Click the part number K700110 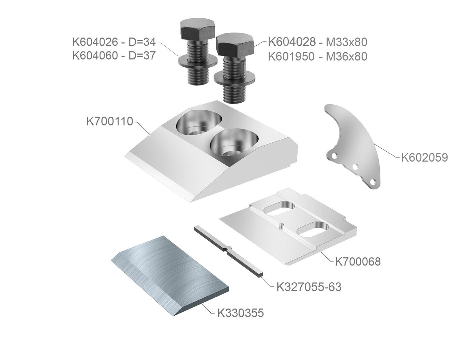tap(110, 121)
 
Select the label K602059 tap(424, 157)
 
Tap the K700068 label tap(358, 261)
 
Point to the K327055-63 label tap(309, 287)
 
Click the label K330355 tap(240, 313)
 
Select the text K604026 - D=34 tap(114, 42)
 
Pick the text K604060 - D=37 tap(114, 56)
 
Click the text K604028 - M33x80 tap(318, 42)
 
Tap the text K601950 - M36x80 tap(318, 57)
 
